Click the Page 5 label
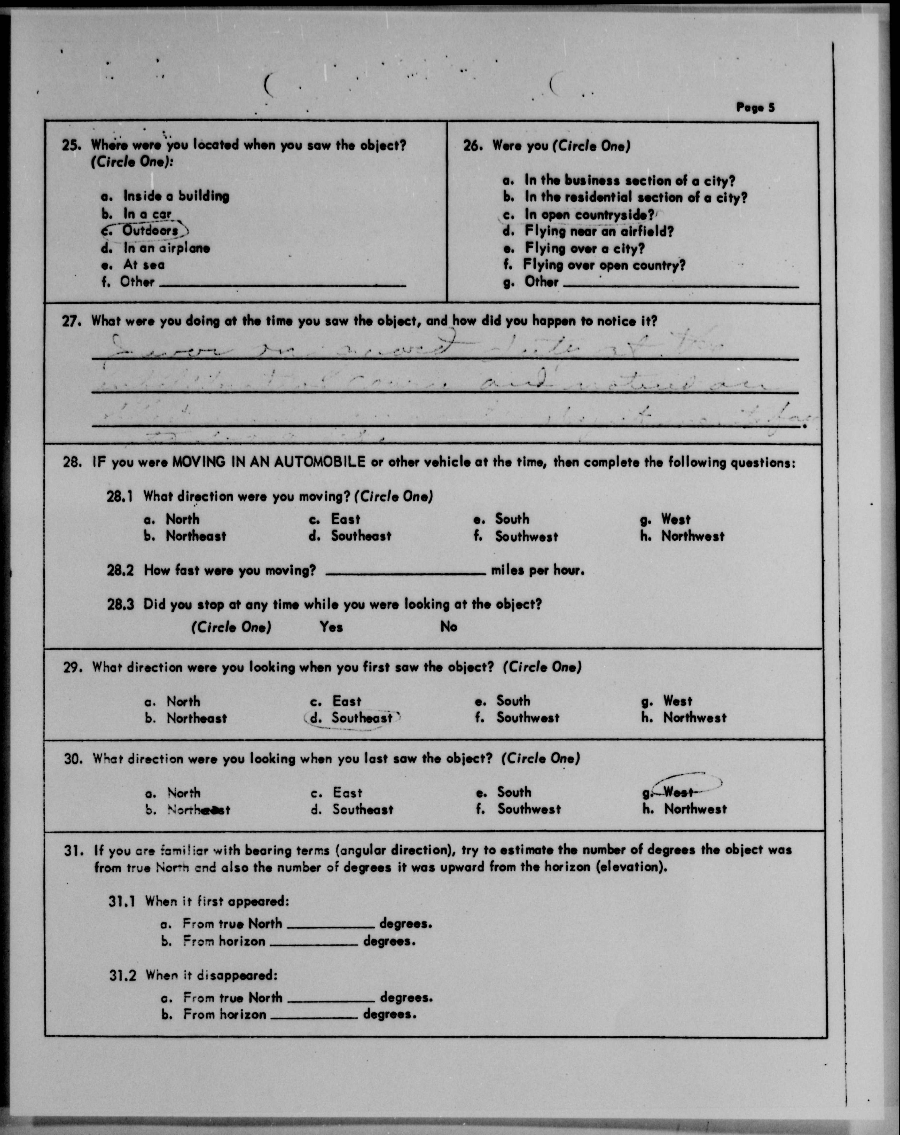[x=755, y=108]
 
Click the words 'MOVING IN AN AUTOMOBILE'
[x=268, y=463]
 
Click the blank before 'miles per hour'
[x=405, y=571]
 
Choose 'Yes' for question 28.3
[x=331, y=627]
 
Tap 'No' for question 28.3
[x=448, y=627]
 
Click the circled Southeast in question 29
[x=362, y=718]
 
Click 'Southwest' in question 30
[x=529, y=809]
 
